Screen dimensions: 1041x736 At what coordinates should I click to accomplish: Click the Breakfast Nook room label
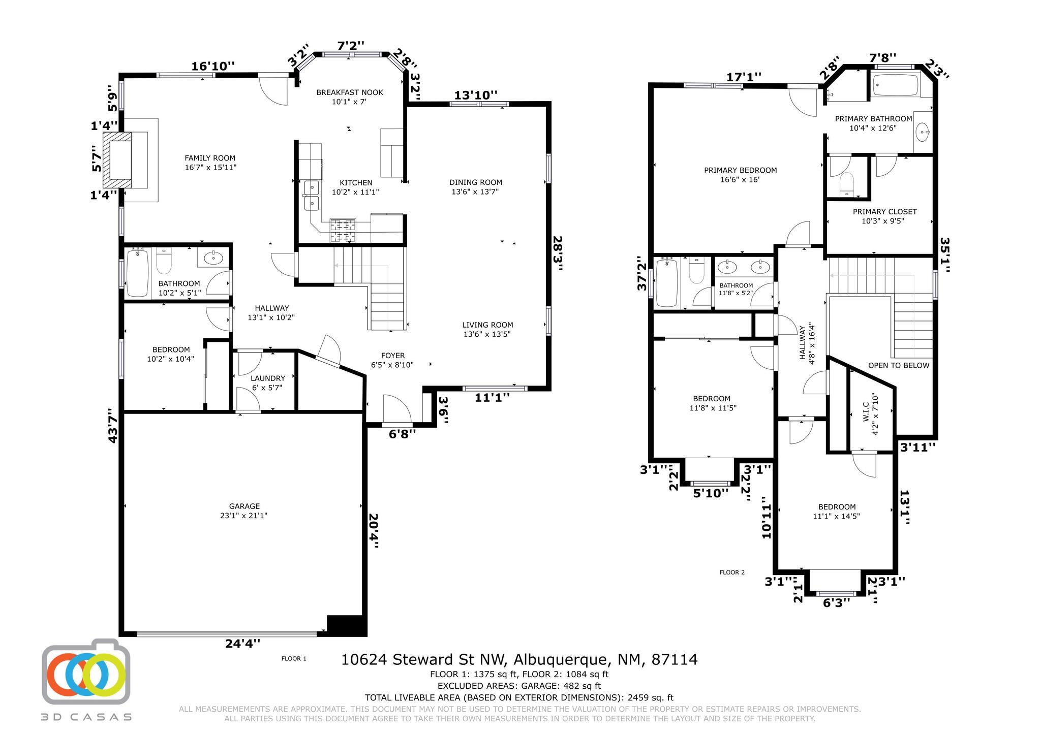(349, 97)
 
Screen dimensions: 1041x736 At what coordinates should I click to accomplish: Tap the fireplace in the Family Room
(117, 160)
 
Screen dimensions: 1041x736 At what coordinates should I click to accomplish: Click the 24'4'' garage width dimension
(242, 643)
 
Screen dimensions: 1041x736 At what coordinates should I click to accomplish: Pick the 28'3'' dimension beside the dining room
(558, 253)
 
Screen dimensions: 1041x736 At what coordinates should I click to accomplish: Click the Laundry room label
(268, 382)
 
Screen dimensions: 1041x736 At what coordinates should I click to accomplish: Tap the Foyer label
(392, 360)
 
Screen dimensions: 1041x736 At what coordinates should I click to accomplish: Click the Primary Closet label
(884, 216)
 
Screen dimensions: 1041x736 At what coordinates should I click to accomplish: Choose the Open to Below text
(898, 365)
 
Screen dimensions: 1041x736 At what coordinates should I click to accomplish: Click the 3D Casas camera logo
(86, 671)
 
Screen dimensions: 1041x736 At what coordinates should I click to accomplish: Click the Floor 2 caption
(732, 572)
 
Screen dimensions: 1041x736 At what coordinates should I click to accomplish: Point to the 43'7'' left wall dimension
(113, 426)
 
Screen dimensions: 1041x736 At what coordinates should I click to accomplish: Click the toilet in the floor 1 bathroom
(164, 261)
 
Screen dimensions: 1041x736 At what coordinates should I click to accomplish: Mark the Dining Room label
(475, 186)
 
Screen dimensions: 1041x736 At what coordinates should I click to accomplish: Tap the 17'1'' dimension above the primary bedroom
(744, 77)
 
